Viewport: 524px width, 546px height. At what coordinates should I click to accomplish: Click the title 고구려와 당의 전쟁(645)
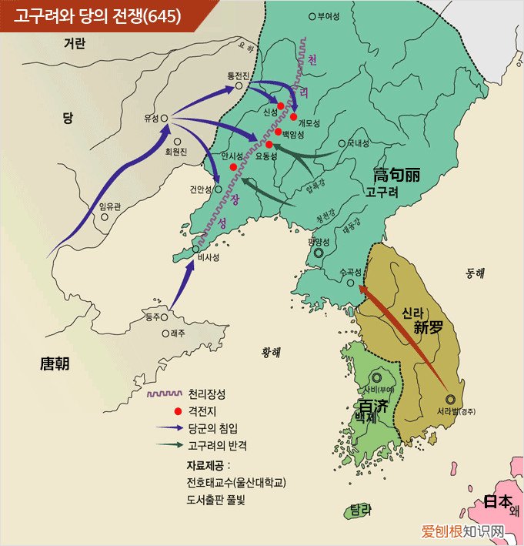97,15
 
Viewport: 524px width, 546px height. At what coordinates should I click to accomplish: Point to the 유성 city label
150,118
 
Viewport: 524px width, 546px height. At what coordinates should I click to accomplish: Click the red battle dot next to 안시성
233,166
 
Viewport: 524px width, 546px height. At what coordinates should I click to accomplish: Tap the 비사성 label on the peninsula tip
209,258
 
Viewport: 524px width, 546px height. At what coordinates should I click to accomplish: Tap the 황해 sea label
271,352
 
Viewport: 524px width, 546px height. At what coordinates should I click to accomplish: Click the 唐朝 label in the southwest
55,363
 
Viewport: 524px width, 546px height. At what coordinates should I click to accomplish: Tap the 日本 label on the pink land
497,501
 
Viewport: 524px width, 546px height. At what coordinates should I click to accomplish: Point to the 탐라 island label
360,509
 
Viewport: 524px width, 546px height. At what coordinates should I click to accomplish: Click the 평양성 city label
319,242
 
